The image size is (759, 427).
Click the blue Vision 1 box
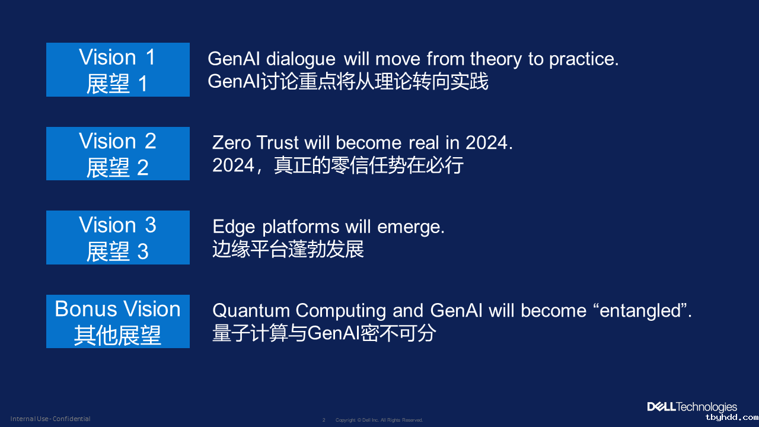point(118,69)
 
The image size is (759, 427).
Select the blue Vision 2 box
point(118,154)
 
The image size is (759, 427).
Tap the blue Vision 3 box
point(118,237)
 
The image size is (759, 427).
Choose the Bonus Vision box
point(118,321)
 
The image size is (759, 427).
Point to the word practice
point(584,59)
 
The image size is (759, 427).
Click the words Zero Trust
point(255,142)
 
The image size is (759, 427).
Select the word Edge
point(234,227)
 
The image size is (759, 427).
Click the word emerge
point(411,227)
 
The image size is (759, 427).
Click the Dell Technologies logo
point(692,407)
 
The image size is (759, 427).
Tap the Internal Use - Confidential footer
point(50,419)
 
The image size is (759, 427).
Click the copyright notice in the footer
point(379,420)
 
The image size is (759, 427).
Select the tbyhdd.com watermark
point(732,418)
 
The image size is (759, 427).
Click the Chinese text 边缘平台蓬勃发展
point(288,249)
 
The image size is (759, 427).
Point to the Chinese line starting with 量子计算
point(324,333)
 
